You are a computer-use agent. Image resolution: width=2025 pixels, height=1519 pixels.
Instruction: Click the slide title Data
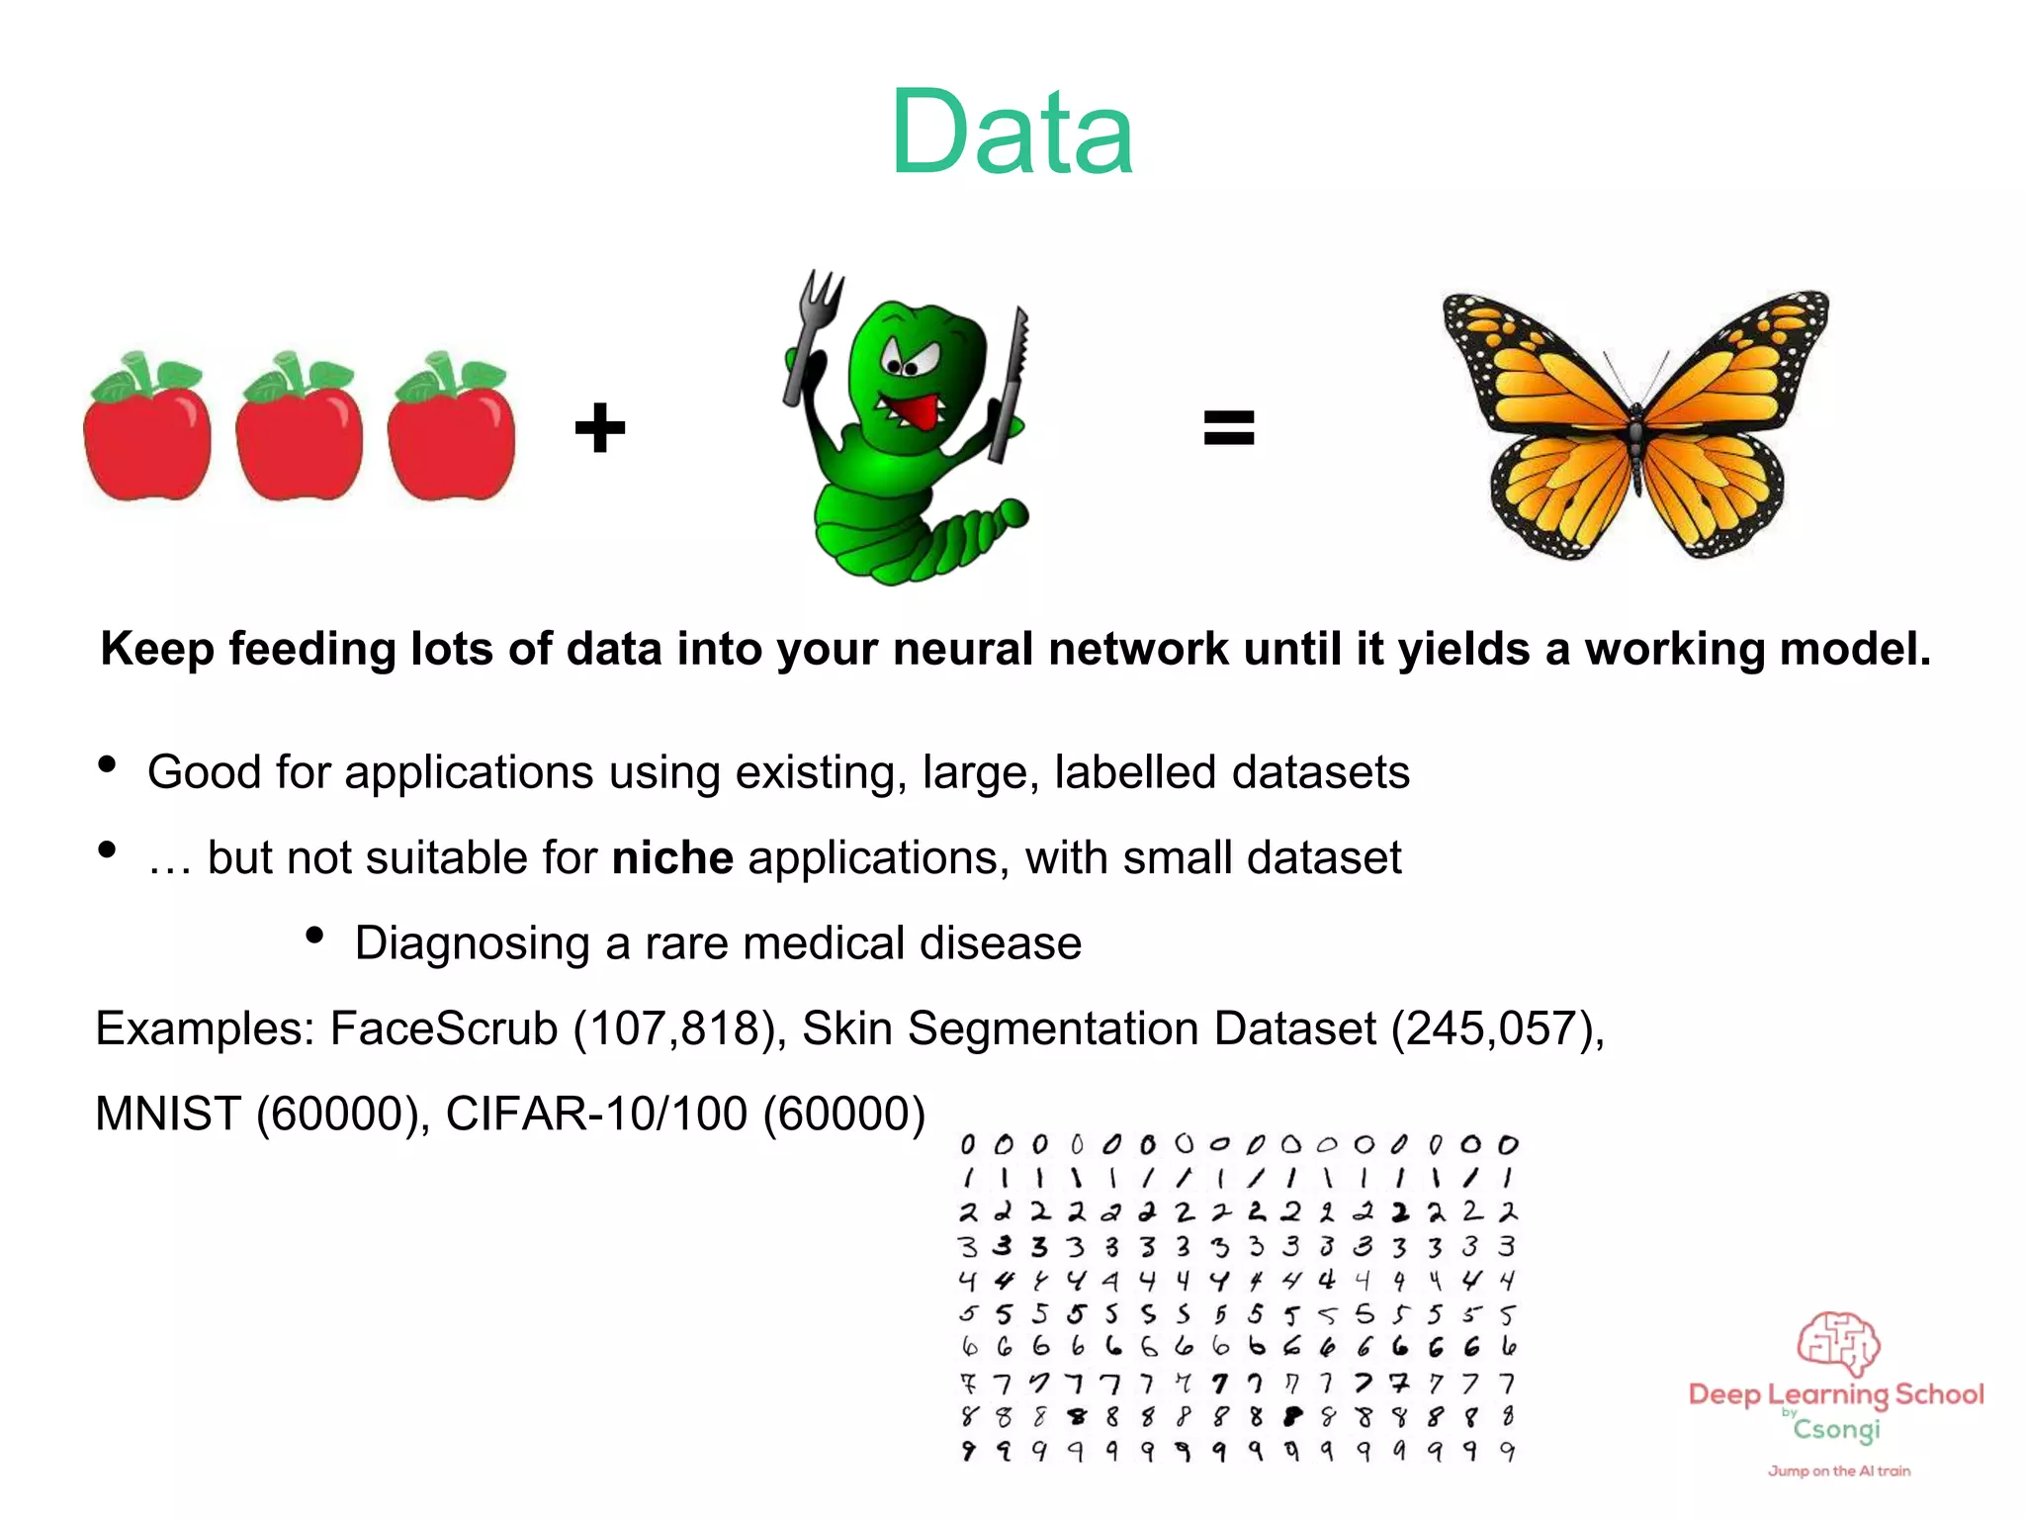pos(1012,133)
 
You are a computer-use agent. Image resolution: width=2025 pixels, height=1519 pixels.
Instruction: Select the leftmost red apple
pos(147,435)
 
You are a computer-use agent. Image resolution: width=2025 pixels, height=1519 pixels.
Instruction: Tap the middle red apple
pos(299,435)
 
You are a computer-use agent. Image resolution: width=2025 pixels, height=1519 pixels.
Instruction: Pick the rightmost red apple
pos(451,435)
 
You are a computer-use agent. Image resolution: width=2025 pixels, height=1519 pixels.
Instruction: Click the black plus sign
pos(600,428)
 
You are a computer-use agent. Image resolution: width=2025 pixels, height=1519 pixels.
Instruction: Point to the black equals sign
pos(1228,428)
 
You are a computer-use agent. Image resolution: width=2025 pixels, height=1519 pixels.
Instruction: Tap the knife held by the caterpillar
pos(1011,386)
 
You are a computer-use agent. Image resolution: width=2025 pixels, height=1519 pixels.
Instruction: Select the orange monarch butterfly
pos(1635,425)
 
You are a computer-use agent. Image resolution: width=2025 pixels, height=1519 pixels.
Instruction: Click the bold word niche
pos(672,857)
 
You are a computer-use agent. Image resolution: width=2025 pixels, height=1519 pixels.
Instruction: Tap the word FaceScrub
pos(444,1028)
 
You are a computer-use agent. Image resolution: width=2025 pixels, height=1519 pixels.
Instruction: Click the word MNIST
pos(168,1115)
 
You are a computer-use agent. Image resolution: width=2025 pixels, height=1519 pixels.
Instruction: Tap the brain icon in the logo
pos(1837,1343)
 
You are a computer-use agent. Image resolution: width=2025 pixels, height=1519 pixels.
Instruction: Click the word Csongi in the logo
pos(1837,1430)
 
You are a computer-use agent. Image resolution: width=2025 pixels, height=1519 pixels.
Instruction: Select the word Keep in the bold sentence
pos(157,650)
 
